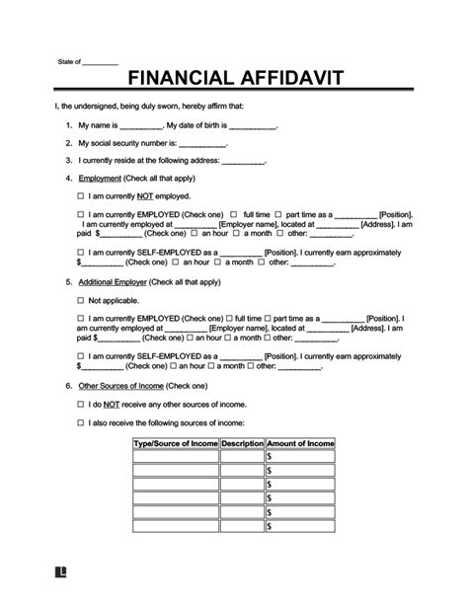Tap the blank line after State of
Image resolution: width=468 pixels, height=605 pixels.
(x=100, y=62)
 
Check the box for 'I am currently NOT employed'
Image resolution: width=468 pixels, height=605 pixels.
(x=80, y=195)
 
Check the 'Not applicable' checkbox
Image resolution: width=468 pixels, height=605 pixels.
(x=80, y=299)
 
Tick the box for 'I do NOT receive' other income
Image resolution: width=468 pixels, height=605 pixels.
(x=80, y=404)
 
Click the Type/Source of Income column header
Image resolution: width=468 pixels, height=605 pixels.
(x=177, y=444)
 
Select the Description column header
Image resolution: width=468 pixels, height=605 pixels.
(x=243, y=444)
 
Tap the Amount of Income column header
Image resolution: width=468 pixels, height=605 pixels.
(x=300, y=444)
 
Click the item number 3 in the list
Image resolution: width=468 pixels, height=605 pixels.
(x=68, y=161)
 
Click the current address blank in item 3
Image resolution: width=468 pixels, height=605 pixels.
(x=245, y=161)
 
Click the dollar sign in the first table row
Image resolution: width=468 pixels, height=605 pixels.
(x=269, y=457)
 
